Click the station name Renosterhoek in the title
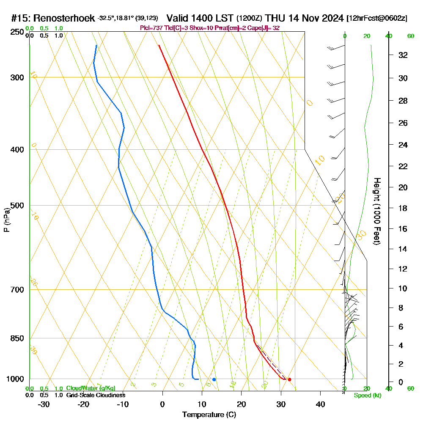coord(63,18)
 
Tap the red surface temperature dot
coord(289,379)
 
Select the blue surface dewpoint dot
coord(214,379)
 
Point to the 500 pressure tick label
coord(16,206)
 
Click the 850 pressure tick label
coord(16,338)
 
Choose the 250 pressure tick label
coord(16,32)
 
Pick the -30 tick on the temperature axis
coord(44,404)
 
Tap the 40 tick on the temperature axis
coord(320,404)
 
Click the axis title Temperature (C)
coord(209,415)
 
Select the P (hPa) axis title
coord(6,220)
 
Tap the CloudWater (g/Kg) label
coord(91,388)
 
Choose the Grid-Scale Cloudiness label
coord(95,395)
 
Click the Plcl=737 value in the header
coord(151,28)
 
